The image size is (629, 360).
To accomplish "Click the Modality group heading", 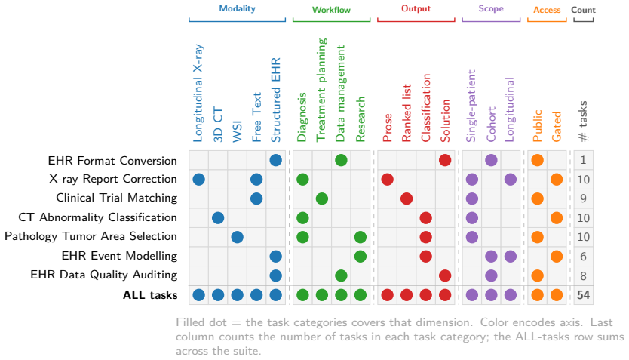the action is tap(237, 8).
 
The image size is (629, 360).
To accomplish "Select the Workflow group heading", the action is tap(331, 10).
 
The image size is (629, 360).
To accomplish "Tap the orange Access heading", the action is tap(547, 10).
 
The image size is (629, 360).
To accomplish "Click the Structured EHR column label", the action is tap(275, 100).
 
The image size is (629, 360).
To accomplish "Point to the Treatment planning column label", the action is tap(321, 90).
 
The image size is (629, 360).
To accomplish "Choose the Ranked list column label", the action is tap(407, 112).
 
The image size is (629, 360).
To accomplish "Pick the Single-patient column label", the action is tap(471, 106).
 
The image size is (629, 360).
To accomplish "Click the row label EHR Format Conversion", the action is tap(112, 161).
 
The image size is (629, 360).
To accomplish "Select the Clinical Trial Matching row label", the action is tap(117, 198).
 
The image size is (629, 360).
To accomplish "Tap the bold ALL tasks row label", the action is tap(150, 295).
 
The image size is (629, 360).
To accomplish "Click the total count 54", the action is tap(583, 295).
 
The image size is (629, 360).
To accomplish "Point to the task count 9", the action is tap(583, 198).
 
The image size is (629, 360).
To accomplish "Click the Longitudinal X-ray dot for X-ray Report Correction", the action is tap(198, 180).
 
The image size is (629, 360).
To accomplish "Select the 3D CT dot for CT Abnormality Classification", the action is tap(218, 218).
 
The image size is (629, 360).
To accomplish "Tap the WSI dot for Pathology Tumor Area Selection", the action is tap(237, 237).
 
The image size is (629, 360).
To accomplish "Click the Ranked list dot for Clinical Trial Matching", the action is tap(407, 198).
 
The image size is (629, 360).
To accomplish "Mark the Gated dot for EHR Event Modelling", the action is tap(557, 257).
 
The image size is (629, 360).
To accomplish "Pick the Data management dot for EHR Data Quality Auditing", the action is tap(341, 275).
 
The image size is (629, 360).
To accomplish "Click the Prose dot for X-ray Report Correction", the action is tap(387, 180).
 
